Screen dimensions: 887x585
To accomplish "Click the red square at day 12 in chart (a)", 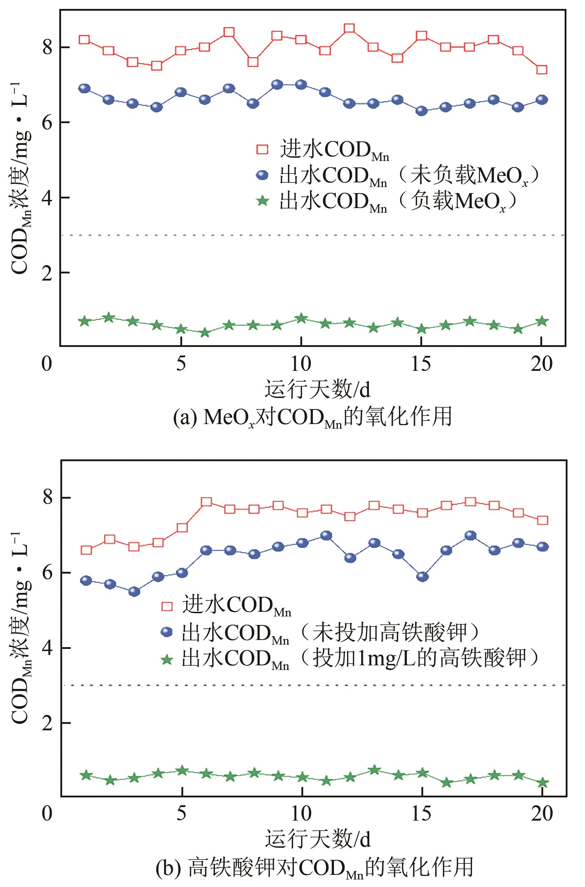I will [x=349, y=28].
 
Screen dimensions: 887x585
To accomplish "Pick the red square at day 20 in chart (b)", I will [x=543, y=520].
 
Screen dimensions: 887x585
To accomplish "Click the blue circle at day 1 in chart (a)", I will [x=84, y=89].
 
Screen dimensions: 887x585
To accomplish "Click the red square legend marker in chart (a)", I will [x=262, y=150].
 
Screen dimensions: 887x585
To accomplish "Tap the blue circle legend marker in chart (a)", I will [x=262, y=175].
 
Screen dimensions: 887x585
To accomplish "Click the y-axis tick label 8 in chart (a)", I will [x=47, y=48].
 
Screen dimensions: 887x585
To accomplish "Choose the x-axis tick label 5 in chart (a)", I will [x=181, y=363].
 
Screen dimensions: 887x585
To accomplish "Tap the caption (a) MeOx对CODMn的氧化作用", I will [x=312, y=418].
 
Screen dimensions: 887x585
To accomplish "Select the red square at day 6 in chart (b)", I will [x=206, y=502].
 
